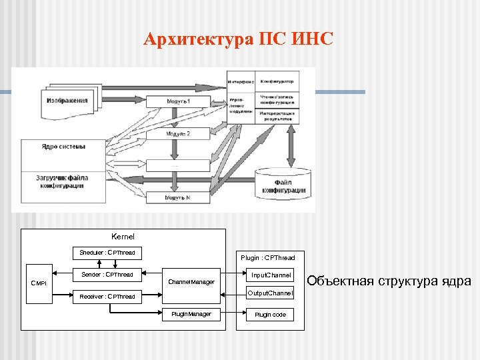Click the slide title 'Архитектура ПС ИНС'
[238, 40]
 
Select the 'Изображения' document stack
[67, 101]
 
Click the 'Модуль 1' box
[178, 101]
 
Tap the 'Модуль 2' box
[178, 133]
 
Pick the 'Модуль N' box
[178, 197]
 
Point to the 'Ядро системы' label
[63, 147]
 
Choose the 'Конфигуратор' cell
[277, 81]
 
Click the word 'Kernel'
[123, 237]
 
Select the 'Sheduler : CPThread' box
[107, 253]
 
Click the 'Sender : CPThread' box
[107, 275]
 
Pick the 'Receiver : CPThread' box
[107, 297]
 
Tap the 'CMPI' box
[39, 284]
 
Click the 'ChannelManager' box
[191, 282]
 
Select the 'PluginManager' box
[191, 314]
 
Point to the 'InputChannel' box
[271, 275]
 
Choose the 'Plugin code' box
[270, 315]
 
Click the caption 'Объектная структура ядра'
[389, 281]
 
